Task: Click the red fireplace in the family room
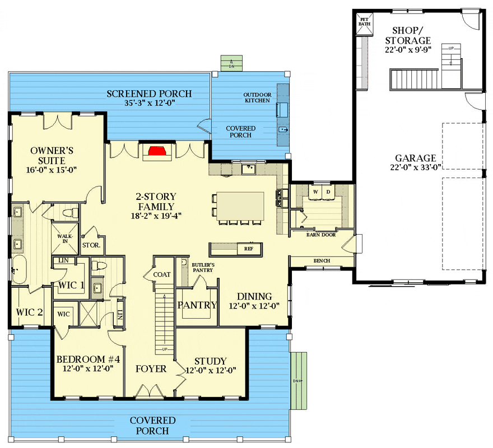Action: (157, 150)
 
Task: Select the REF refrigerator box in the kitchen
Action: (248, 249)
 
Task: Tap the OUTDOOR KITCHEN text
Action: (257, 97)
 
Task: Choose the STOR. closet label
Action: (91, 245)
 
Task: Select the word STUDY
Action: (210, 361)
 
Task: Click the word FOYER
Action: (151, 368)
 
